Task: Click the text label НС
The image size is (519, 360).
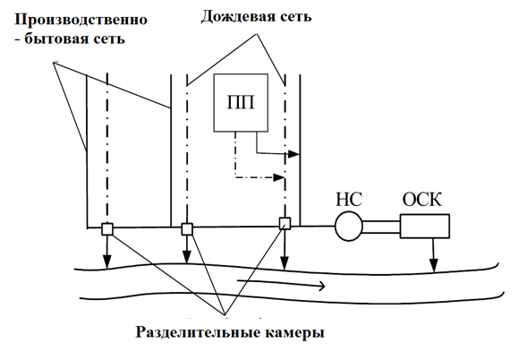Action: tap(349, 200)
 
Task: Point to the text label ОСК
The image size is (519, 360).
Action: tap(422, 200)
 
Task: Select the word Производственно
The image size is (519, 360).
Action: tap(81, 20)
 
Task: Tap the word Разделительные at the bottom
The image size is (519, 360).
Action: tap(198, 332)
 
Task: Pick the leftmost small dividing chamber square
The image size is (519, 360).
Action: tap(107, 229)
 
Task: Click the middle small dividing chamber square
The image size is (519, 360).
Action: tap(187, 229)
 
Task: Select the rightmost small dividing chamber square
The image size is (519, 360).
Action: tap(285, 224)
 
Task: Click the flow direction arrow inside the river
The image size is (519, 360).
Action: tap(282, 283)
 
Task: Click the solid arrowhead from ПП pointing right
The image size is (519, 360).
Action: tap(294, 154)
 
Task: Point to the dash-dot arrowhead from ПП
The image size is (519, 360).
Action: tap(278, 177)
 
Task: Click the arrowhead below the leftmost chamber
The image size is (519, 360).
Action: tap(106, 261)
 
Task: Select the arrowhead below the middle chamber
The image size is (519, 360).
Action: tap(187, 257)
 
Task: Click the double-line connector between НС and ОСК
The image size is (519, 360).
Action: tap(381, 227)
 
